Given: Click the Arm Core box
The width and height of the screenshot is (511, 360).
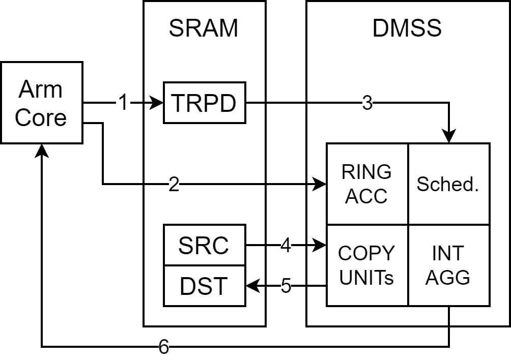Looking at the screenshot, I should pos(41,102).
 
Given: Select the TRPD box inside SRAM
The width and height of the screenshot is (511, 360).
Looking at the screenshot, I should pos(204,103).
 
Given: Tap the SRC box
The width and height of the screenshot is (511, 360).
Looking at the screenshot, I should pos(204,245).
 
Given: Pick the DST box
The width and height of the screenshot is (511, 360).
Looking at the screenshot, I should pos(204,286).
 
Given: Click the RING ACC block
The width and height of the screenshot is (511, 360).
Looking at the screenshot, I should pos(367,184).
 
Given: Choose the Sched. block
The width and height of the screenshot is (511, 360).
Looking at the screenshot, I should pos(448,184).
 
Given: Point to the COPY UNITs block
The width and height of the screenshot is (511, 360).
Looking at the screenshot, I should pos(367,265).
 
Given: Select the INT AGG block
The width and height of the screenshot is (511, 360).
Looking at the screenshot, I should pos(448,265).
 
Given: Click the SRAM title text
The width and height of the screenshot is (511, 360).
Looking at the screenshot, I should pos(204,29).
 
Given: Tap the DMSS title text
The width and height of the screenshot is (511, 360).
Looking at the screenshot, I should pos(407,29).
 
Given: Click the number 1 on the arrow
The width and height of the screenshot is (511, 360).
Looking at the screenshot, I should pos(123,103).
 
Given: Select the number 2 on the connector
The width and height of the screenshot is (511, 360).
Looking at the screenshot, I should pos(174,185).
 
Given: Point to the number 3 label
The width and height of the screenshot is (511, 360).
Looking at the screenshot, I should pos(367,103).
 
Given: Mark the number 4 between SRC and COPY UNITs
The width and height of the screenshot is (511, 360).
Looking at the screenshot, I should pos(286,246).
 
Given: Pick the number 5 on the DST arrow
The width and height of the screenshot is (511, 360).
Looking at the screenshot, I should pos(286,286).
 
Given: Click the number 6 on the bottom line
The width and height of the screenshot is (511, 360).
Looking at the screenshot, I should pos(163,347).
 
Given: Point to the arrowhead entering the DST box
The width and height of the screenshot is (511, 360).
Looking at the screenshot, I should pos(252,286).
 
